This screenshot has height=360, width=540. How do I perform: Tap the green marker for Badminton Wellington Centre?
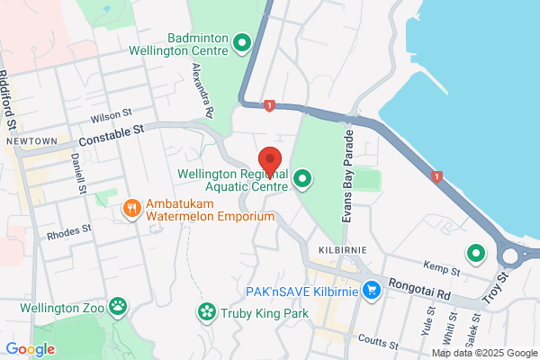point(241,42)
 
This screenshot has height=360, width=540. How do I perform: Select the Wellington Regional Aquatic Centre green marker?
point(302,180)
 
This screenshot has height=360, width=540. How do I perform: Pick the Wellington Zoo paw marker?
point(119,307)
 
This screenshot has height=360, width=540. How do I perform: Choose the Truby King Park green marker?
point(207,312)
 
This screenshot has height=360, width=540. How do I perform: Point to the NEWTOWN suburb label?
point(31,142)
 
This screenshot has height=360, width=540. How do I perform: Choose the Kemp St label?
point(443,269)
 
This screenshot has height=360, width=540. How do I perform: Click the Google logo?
point(30,349)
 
